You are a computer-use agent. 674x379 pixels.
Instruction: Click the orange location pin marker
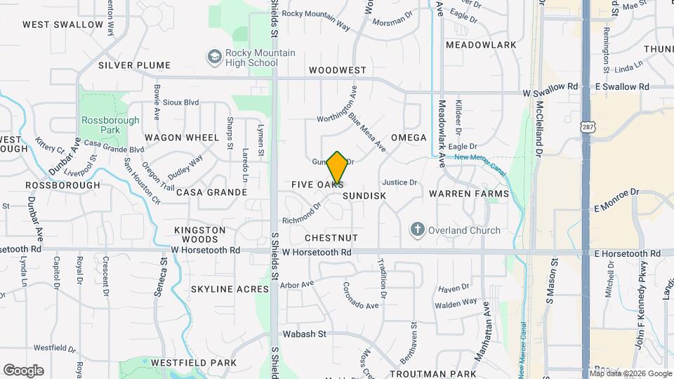point(337,168)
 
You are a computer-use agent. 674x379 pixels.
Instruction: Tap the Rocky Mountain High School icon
point(214,55)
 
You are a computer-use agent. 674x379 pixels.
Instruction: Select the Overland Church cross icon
point(418,230)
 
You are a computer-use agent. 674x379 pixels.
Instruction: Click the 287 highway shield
point(586,126)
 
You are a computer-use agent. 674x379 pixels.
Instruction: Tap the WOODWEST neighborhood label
point(338,71)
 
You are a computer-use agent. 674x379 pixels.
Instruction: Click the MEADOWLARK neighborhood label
point(481,45)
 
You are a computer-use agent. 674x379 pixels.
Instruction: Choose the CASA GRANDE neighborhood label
point(211,192)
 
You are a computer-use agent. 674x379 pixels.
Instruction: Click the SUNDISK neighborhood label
point(365,196)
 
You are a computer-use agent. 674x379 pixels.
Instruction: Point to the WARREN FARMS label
point(468,193)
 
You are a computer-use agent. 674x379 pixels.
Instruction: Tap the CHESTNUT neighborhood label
point(331,239)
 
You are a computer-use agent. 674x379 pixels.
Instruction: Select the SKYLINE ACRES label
point(230,289)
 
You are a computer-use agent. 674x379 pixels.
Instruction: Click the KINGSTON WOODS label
point(200,234)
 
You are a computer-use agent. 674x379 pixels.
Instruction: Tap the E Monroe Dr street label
point(617,199)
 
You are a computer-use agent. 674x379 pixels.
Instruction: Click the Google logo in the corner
point(23,371)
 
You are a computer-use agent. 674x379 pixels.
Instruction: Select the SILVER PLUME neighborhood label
point(134,65)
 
